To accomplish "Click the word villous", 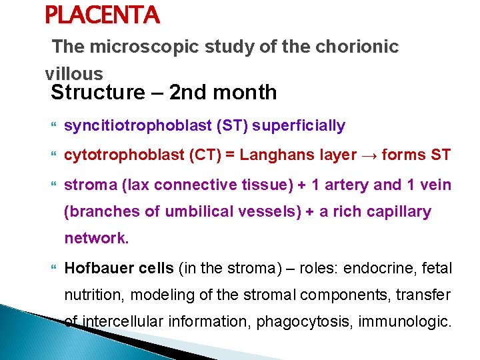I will [x=74, y=73].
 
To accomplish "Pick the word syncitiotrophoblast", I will [x=135, y=125].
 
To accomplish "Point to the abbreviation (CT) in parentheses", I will [x=198, y=155].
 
